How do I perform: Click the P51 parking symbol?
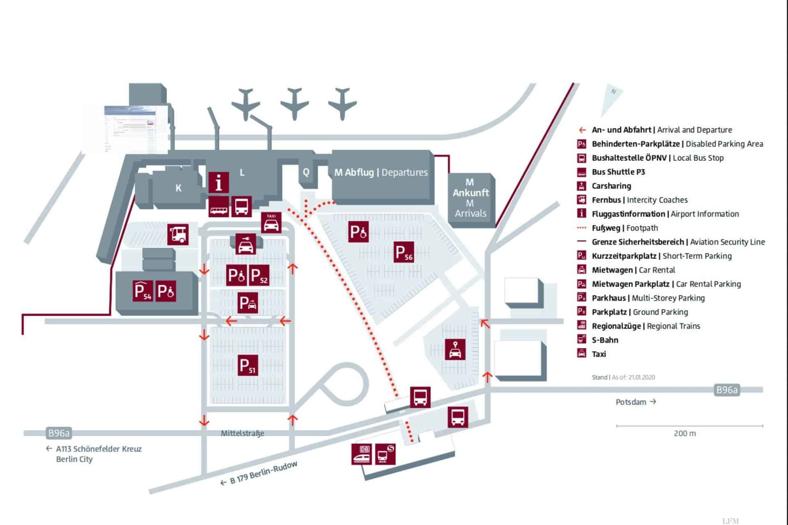click(x=248, y=365)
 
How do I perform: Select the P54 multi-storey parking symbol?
click(x=143, y=291)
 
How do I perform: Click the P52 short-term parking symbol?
click(x=259, y=276)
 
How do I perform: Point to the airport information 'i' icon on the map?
click(x=219, y=182)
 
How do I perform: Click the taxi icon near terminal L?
click(x=271, y=222)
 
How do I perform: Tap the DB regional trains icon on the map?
click(x=362, y=454)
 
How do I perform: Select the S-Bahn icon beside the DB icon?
click(x=385, y=454)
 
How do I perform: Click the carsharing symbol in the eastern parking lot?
click(x=455, y=349)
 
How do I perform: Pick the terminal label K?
click(x=179, y=188)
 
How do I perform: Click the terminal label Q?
click(x=306, y=172)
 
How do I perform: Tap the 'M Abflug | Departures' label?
click(x=381, y=172)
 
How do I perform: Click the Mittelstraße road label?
click(x=243, y=433)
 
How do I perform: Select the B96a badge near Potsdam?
click(x=726, y=390)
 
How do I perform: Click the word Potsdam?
click(x=631, y=402)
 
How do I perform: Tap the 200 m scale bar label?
click(x=685, y=433)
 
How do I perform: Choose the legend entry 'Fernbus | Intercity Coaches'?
click(x=639, y=200)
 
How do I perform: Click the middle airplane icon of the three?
click(x=294, y=103)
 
